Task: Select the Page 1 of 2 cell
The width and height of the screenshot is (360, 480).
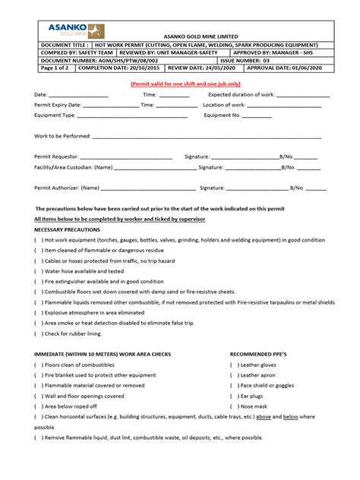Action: (x=50, y=67)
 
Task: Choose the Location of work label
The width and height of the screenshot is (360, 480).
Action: (x=223, y=105)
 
